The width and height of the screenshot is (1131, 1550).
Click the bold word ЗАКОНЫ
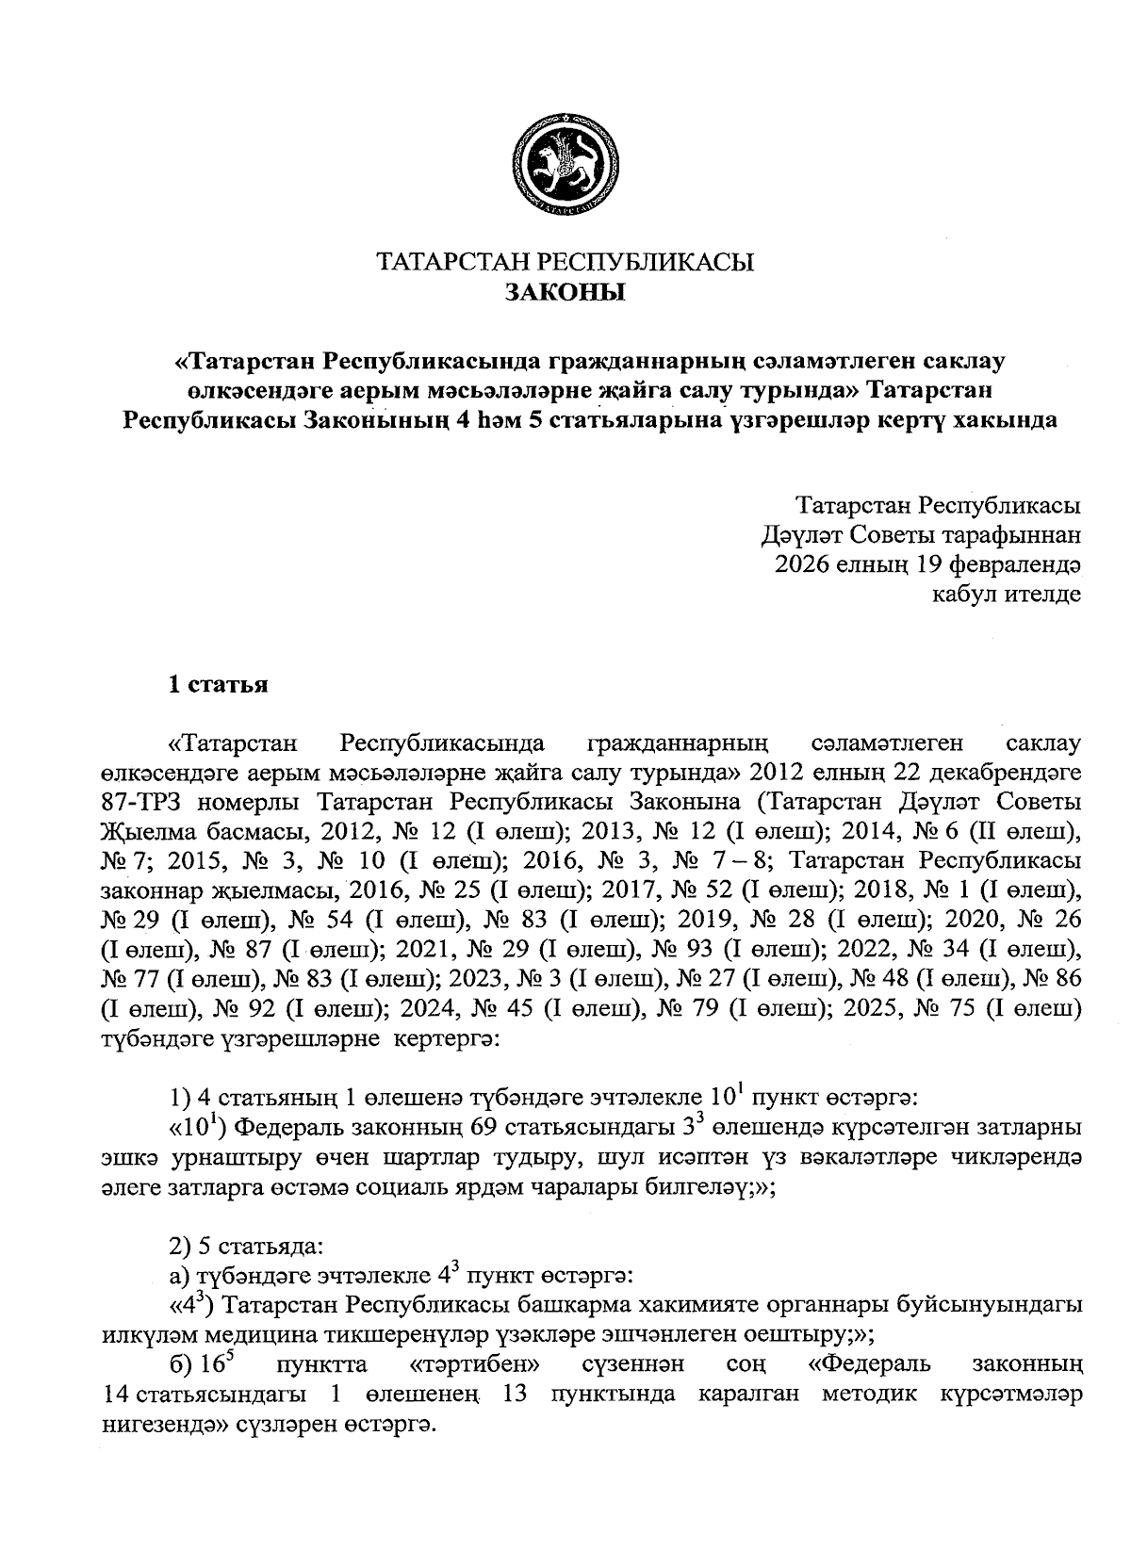pos(565,292)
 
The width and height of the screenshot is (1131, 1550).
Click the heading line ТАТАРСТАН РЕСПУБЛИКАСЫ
pos(565,262)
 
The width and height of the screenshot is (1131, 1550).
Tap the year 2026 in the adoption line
pos(802,564)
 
